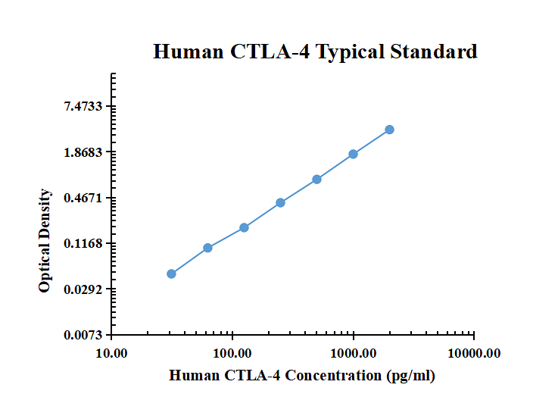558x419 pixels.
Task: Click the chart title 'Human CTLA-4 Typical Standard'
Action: (315, 52)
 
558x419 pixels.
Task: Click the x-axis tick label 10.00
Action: (111, 353)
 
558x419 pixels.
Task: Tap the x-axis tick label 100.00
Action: (232, 353)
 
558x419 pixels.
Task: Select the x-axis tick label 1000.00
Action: (353, 353)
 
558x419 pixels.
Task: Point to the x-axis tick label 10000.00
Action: (474, 353)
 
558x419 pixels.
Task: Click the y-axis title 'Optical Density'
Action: (45, 241)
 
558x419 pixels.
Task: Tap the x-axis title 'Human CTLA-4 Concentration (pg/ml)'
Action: (302, 375)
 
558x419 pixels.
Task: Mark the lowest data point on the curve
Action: (171, 274)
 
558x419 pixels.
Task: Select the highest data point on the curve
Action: (389, 130)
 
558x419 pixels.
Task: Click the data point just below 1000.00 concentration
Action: (353, 154)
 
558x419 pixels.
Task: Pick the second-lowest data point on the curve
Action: (207, 248)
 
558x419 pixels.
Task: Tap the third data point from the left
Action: (244, 227)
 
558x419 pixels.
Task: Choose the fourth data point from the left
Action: (280, 202)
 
